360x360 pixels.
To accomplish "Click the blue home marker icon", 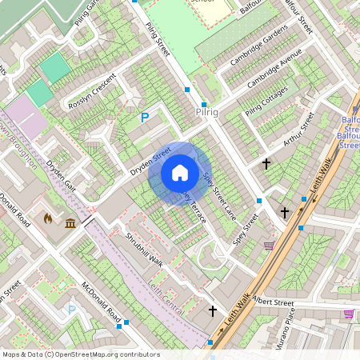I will click(x=180, y=173).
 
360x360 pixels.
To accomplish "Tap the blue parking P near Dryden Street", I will click(x=145, y=118).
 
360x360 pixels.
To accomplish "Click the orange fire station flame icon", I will click(x=48, y=218).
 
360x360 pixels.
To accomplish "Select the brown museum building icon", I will click(x=70, y=222).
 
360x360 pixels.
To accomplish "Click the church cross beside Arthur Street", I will click(x=266, y=164).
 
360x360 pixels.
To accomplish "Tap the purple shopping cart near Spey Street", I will click(x=269, y=245).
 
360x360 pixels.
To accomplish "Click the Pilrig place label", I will click(x=206, y=114).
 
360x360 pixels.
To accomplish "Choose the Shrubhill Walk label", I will click(x=144, y=249).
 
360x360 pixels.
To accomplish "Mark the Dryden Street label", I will click(x=150, y=161).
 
